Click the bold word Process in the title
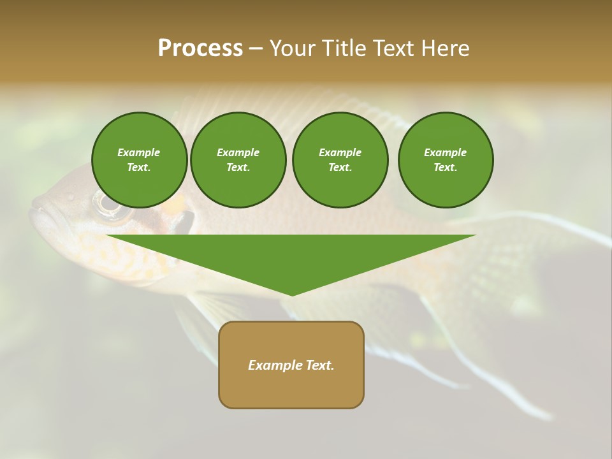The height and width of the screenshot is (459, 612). click(200, 48)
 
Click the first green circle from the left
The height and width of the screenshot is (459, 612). click(139, 160)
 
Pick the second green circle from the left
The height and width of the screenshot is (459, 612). click(238, 160)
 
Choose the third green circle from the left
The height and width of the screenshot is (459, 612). click(340, 160)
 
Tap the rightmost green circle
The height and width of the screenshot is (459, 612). click(446, 160)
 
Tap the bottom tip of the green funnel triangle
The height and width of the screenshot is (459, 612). click(292, 294)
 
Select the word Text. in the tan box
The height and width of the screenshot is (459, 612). click(319, 365)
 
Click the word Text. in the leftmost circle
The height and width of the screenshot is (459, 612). click(139, 168)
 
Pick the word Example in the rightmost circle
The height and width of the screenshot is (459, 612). click(445, 152)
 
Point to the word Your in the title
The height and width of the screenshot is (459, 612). click(293, 48)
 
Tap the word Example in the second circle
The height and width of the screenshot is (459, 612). click(238, 152)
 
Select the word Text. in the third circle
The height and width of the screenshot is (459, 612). click(340, 168)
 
